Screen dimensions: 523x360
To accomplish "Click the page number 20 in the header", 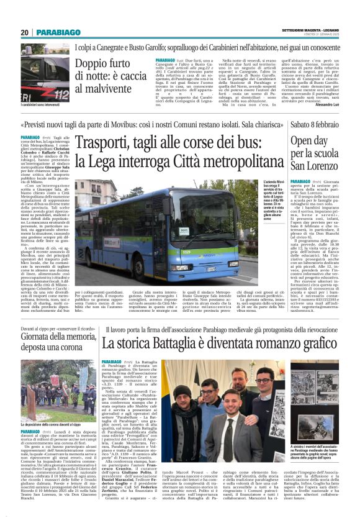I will pos(24,32).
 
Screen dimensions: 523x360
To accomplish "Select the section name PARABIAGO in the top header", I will pos(56,33).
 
